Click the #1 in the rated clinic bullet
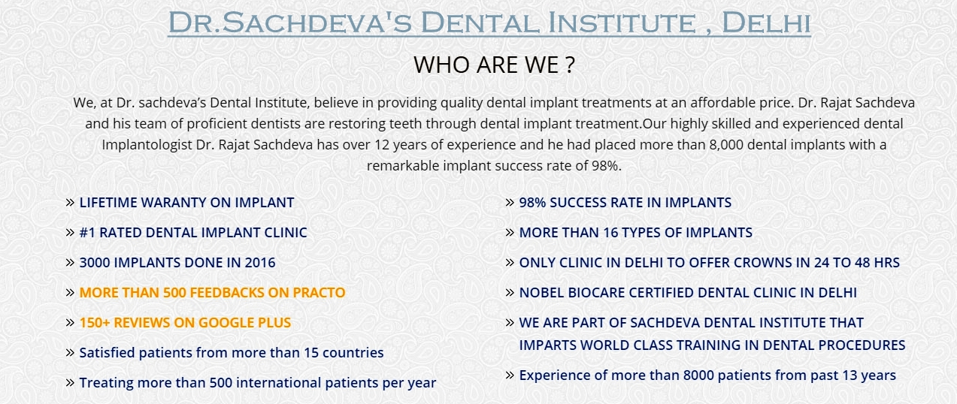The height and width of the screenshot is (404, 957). coord(87,233)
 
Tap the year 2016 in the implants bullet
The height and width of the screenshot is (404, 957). coord(260,262)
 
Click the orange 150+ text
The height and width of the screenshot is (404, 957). coord(95,322)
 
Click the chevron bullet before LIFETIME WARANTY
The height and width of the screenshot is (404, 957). coord(71,202)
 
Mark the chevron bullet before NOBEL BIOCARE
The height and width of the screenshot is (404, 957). coord(510,292)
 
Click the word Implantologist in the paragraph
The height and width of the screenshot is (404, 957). coord(147,145)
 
